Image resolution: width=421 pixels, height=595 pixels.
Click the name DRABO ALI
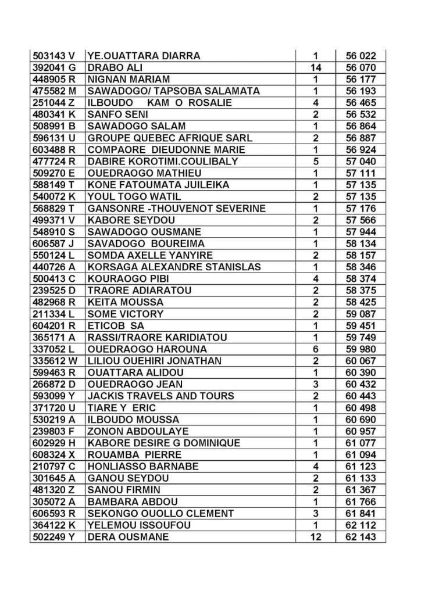click(x=110, y=67)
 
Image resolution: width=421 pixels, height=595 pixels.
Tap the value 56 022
click(x=361, y=56)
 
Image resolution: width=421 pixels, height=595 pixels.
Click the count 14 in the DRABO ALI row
click(x=316, y=67)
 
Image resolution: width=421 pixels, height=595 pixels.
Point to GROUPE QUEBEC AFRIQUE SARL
click(x=169, y=138)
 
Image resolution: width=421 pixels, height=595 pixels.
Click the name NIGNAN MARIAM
click(x=129, y=80)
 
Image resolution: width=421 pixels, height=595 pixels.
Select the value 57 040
click(x=361, y=162)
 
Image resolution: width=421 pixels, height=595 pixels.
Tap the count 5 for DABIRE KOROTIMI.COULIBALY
click(x=316, y=162)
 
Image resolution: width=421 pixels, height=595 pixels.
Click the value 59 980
click(x=361, y=349)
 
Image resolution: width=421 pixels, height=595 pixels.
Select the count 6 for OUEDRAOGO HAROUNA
click(x=316, y=349)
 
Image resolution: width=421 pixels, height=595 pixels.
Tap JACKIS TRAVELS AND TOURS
click(x=160, y=396)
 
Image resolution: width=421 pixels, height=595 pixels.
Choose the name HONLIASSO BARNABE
click(x=143, y=467)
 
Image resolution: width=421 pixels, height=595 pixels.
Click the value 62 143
click(x=361, y=537)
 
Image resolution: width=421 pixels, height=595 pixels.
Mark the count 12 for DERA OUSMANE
click(x=316, y=537)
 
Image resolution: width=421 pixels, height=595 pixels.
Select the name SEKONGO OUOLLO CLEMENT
click(x=160, y=514)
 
